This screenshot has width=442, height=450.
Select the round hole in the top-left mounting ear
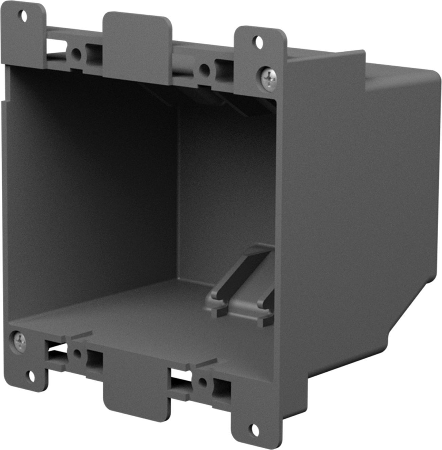pyautogui.click(x=24, y=16)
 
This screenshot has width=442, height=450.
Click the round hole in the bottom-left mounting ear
pyautogui.click(x=31, y=376)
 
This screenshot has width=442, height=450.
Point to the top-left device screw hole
pyautogui.click(x=77, y=53)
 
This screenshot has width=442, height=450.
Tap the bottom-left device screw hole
pyautogui.click(x=77, y=353)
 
